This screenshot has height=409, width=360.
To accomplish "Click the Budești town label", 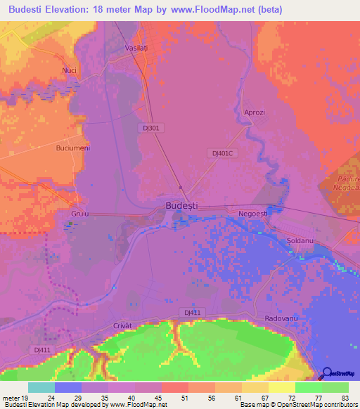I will (181, 204).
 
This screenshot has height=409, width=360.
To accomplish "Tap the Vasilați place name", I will (155, 47).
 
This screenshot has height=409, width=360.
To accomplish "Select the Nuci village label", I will (69, 70).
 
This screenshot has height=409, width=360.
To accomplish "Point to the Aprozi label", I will (254, 112).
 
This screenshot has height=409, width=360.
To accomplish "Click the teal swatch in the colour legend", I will (41, 387).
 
